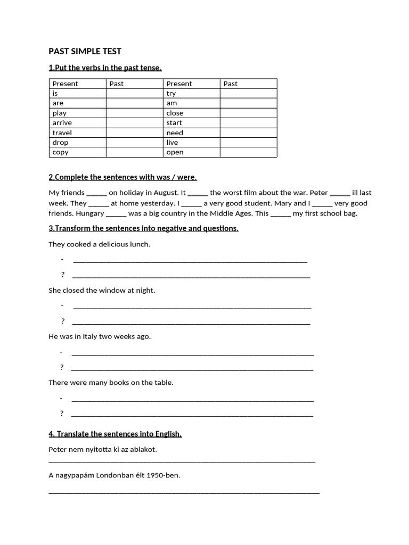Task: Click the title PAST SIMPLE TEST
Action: [x=85, y=51]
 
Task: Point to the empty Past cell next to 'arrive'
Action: [x=134, y=123]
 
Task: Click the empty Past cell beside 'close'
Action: [x=248, y=113]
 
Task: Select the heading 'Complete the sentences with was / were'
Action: [x=122, y=177]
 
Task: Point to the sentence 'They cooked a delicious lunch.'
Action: [x=99, y=244]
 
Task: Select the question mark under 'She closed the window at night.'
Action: [x=63, y=321]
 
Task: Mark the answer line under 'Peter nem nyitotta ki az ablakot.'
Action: [x=182, y=461]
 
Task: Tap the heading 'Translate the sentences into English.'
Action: [x=115, y=434]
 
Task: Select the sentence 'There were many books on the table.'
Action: [x=111, y=382]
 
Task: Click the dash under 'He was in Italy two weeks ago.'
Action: [x=62, y=352]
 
